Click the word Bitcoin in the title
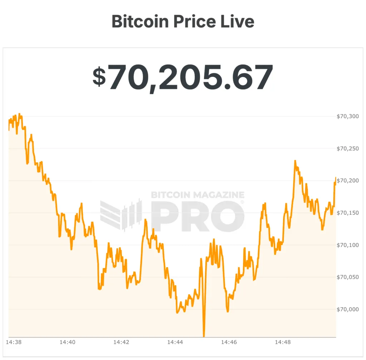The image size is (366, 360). click(140, 21)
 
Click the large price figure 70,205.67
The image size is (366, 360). click(191, 77)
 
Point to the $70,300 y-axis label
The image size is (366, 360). click(347, 116)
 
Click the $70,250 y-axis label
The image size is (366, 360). click(347, 149)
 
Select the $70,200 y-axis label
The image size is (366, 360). click(347, 181)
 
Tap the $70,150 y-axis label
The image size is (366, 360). click(347, 213)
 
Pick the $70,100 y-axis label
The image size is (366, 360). click(347, 245)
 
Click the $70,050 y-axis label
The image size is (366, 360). click(347, 277)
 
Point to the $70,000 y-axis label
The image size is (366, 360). click(347, 309)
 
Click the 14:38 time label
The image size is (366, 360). click(13, 342)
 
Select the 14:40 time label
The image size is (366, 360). click(67, 342)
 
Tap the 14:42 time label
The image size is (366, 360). click(121, 342)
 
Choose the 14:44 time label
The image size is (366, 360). click(175, 342)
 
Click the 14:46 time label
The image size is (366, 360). click(229, 342)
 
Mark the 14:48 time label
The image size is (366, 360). click(282, 342)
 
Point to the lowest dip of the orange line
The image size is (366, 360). click(204, 335)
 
